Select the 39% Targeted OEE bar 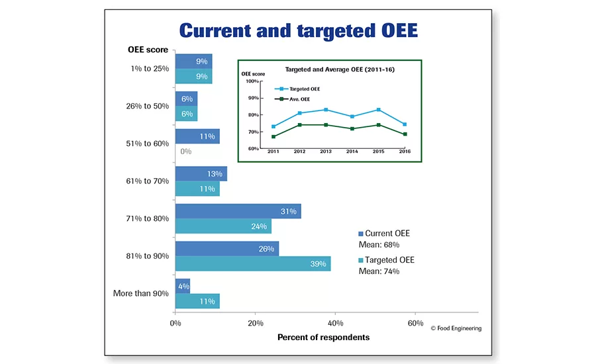point(253,264)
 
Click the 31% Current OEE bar point(238,211)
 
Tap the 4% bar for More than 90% point(183,286)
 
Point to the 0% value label point(185,152)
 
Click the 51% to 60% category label point(148,144)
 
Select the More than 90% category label point(140,293)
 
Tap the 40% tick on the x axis point(335,324)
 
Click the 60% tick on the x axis point(415,324)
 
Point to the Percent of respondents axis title point(323,338)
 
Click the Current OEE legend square point(361,234)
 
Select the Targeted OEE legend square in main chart point(361,261)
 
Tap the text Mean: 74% point(378,271)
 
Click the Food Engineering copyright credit point(456,328)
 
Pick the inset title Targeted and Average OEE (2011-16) point(340,69)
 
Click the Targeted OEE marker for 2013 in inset point(326,110)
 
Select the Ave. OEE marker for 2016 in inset point(405,134)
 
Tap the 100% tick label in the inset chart point(252,81)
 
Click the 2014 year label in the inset point(352,152)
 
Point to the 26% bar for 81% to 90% point(227,249)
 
